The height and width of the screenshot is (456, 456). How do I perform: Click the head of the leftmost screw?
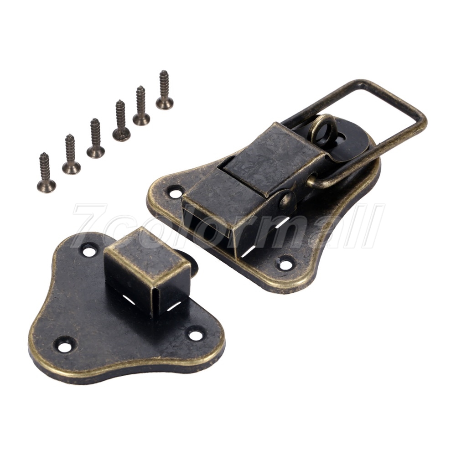click(x=47, y=186)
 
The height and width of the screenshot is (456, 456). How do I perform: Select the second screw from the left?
click(x=71, y=154)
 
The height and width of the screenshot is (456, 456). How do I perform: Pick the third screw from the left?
click(x=96, y=138)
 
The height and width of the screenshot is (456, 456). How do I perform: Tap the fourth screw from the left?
click(x=121, y=121)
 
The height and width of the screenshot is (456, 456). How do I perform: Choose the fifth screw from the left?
click(x=142, y=106)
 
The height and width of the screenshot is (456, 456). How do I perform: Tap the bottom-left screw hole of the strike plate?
click(x=63, y=346)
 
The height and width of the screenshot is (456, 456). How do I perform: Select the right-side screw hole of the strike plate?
click(x=195, y=334)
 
